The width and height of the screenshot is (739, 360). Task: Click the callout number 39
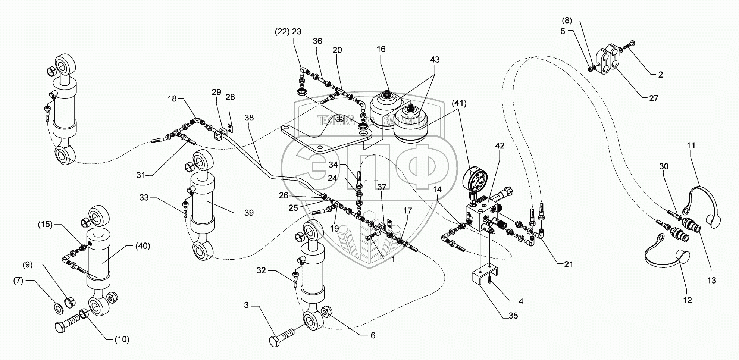pyautogui.click(x=249, y=213)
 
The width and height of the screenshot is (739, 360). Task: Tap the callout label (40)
pyautogui.click(x=143, y=246)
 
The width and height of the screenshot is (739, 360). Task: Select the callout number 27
pyautogui.click(x=653, y=98)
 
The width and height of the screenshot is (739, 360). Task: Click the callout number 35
pyautogui.click(x=513, y=316)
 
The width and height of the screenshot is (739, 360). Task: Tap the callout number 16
pyautogui.click(x=381, y=49)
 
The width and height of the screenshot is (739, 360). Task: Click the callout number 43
pyautogui.click(x=435, y=60)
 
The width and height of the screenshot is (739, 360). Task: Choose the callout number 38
pyautogui.click(x=249, y=118)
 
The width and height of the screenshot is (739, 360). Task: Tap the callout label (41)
pyautogui.click(x=459, y=104)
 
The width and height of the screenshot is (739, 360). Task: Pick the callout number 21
pyautogui.click(x=568, y=264)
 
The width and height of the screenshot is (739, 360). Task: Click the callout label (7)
pyautogui.click(x=28, y=281)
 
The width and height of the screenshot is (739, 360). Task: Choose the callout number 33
pyautogui.click(x=144, y=197)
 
